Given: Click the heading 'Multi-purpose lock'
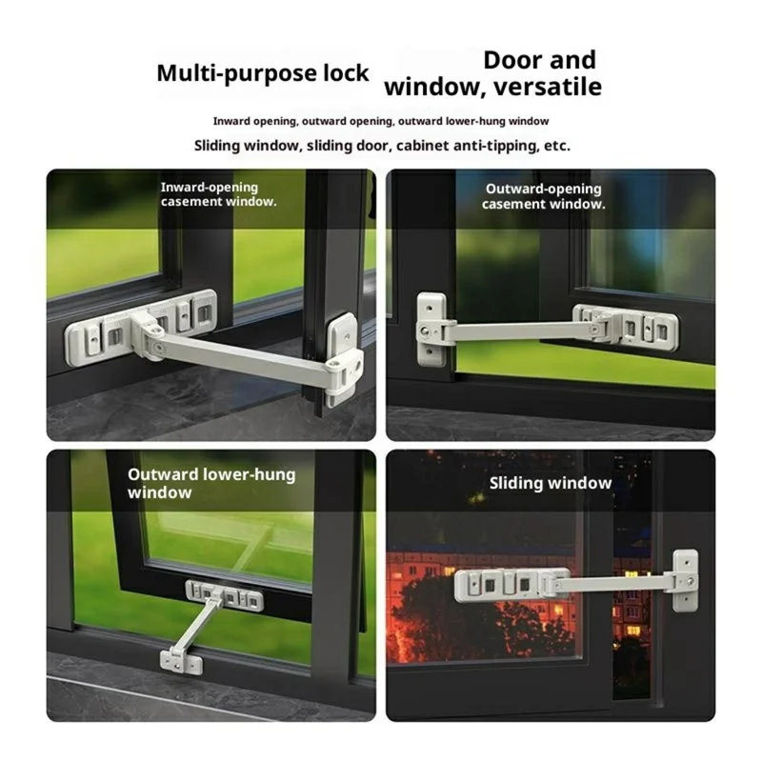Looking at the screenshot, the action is pyautogui.click(x=263, y=74).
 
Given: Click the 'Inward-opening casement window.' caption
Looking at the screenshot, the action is pyautogui.click(x=219, y=194).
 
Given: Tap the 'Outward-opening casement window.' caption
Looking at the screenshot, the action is pyautogui.click(x=544, y=196).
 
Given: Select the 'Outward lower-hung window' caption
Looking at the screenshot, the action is pyautogui.click(x=211, y=484).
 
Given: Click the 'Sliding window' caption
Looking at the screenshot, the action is pyautogui.click(x=551, y=483).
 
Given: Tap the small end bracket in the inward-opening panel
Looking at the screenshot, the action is pyautogui.click(x=344, y=359).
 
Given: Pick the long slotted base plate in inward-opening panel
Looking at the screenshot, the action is pyautogui.click(x=141, y=327).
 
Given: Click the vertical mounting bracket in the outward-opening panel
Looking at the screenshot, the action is pyautogui.click(x=431, y=330).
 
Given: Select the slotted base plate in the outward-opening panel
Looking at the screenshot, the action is pyautogui.click(x=626, y=327).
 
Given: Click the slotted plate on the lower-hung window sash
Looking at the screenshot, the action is pyautogui.click(x=225, y=595).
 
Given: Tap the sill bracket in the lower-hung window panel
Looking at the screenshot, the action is pyautogui.click(x=181, y=662).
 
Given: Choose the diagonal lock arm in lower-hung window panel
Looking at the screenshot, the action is pyautogui.click(x=197, y=628).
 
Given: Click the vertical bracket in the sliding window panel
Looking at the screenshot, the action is pyautogui.click(x=685, y=580).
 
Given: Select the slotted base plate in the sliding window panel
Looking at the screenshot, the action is pyautogui.click(x=511, y=585).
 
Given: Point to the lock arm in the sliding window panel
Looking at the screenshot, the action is pyautogui.click(x=613, y=582).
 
